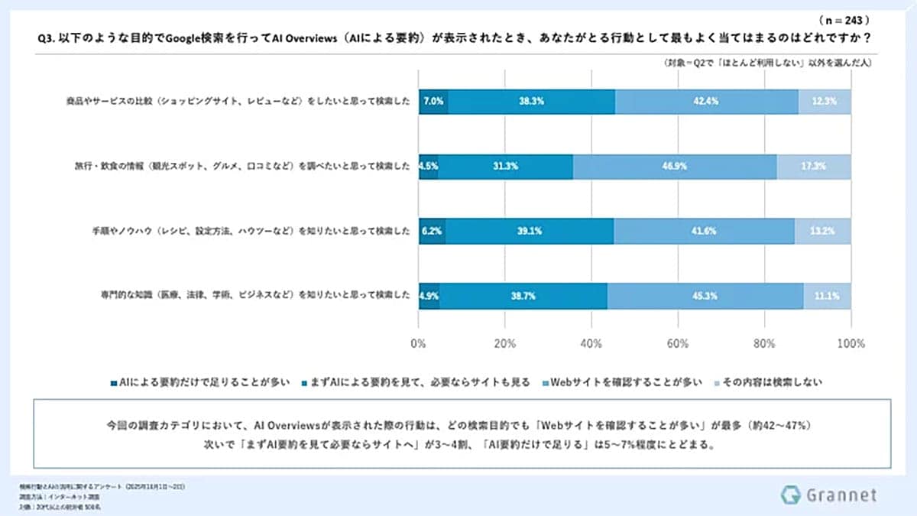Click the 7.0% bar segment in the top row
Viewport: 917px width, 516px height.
433,101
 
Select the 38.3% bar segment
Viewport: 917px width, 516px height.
531,101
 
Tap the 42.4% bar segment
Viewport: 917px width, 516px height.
707,101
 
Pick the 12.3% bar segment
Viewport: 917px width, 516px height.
825,101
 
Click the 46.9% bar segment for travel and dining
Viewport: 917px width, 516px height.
675,165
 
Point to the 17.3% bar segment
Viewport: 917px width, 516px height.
814,165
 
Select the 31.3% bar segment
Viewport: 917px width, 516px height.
505,165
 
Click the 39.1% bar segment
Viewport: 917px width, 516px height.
530,229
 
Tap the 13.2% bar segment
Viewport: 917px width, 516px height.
822,229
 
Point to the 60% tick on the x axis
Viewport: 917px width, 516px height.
678,343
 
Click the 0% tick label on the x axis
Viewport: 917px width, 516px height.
419,343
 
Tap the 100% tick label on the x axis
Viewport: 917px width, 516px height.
851,343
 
